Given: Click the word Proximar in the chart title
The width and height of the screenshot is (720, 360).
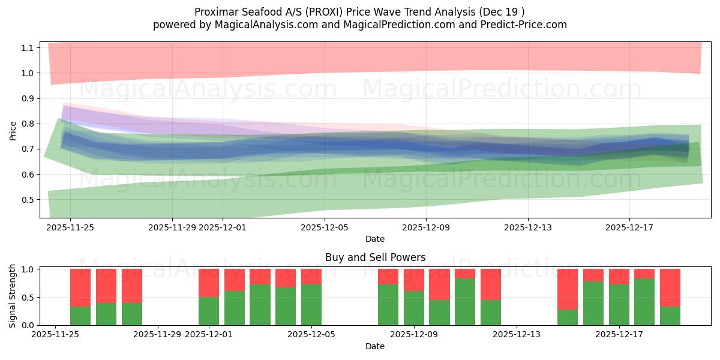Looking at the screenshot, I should [x=215, y=12].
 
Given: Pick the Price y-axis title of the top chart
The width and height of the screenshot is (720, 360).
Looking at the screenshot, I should [x=13, y=130].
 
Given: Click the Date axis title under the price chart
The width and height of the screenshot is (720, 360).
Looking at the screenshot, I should [x=375, y=239].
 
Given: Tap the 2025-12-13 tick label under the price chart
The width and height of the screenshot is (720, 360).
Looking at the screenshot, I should [x=527, y=227].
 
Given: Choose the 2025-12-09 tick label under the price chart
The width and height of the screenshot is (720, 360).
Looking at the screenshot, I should [x=426, y=227].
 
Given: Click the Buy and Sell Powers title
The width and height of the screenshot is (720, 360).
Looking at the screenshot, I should [x=375, y=257].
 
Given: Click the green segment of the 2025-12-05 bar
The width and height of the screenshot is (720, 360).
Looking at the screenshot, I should [x=311, y=305].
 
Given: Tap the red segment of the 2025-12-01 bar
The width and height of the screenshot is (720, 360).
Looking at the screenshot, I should [x=209, y=283].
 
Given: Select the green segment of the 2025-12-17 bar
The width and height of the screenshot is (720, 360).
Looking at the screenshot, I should [x=619, y=305].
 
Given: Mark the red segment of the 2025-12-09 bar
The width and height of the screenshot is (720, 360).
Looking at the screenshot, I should [x=414, y=280].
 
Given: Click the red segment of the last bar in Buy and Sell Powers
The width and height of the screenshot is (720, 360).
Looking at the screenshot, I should [x=670, y=287].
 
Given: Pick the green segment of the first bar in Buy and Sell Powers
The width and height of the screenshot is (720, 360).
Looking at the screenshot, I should [x=80, y=316].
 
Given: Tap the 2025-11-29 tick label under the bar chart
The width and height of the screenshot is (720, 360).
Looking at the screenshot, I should [x=158, y=335].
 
